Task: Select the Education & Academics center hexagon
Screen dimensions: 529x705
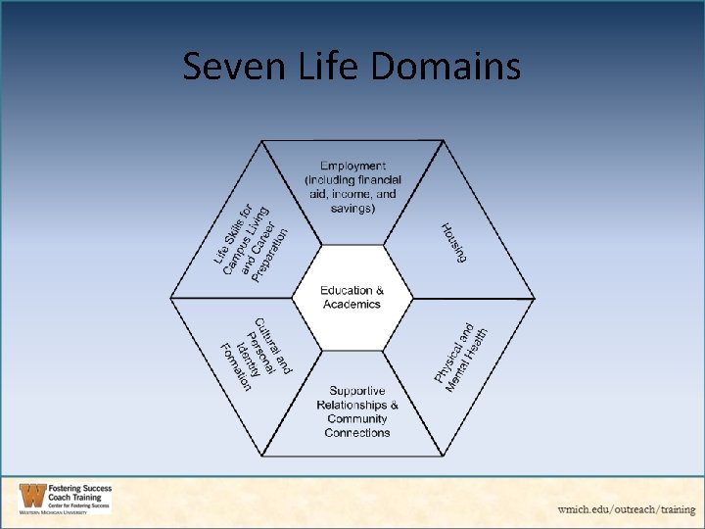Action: click(352, 298)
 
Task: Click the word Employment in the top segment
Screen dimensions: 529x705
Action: click(352, 167)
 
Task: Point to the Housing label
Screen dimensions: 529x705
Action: click(453, 241)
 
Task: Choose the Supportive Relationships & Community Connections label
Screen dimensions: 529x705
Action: click(357, 411)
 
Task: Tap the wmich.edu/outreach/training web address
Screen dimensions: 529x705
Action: click(627, 509)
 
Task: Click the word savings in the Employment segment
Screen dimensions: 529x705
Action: click(352, 208)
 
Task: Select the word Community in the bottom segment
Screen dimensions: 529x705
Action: click(357, 419)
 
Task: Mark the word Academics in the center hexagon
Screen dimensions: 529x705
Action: click(352, 305)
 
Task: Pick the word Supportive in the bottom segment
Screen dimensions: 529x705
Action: click(357, 391)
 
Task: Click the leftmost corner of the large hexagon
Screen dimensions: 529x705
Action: click(172, 298)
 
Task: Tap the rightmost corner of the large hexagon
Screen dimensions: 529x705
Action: click(535, 298)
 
